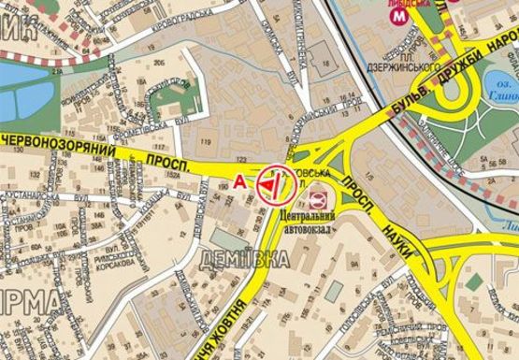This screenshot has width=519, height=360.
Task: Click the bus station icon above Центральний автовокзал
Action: pos(318,198)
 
